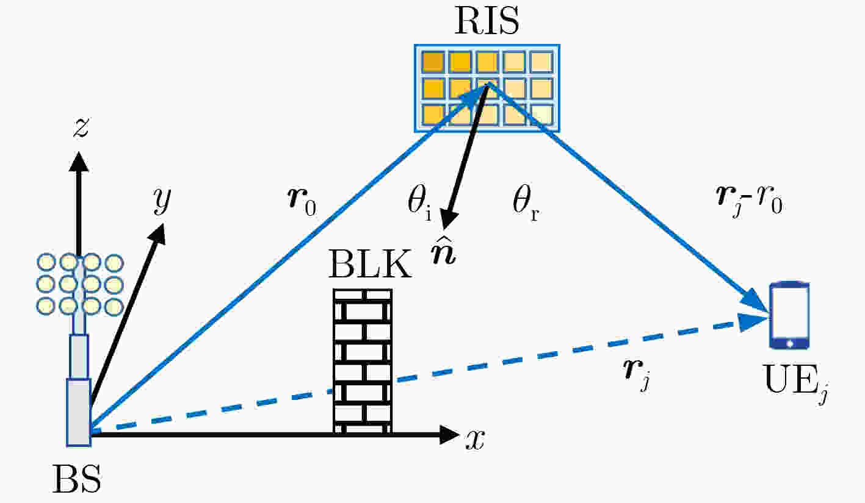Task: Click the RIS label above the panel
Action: click(487, 21)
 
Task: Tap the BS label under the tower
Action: click(78, 479)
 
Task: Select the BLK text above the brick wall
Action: click(371, 264)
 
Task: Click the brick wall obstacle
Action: click(363, 362)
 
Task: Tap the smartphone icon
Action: click(789, 316)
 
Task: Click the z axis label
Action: click(81, 127)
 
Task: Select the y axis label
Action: click(161, 201)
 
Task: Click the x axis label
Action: click(475, 440)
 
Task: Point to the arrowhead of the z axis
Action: click(79, 162)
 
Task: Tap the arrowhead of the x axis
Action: click(449, 435)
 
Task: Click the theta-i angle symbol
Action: click(419, 203)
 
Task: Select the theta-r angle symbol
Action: click(525, 203)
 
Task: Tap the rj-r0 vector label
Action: click(749, 201)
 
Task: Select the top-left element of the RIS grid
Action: click(433, 62)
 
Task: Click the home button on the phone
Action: click(789, 343)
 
